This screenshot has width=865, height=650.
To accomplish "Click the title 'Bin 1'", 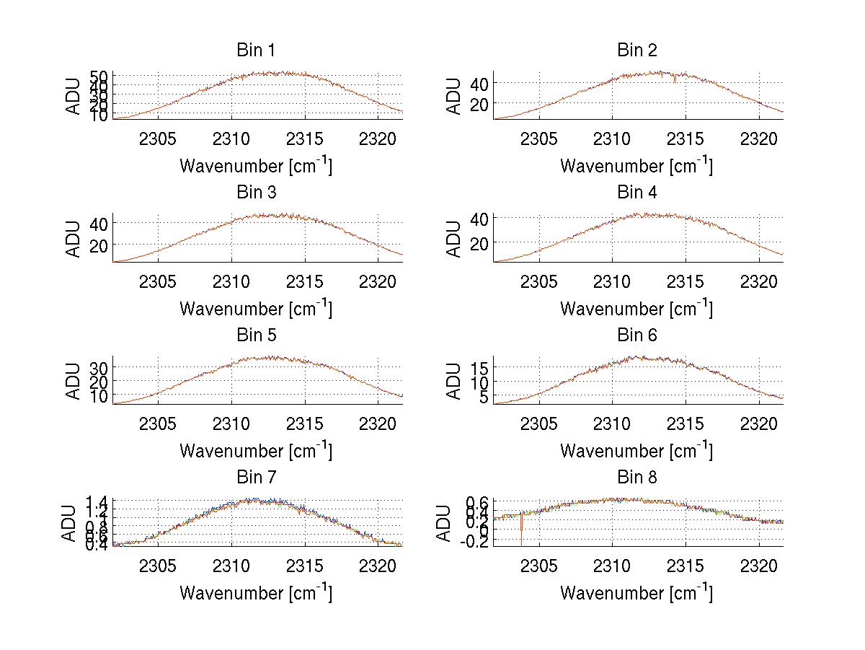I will tap(255, 50).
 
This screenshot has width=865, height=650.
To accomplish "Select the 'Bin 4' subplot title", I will tap(637, 193).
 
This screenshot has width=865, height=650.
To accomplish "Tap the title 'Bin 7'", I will tap(255, 477).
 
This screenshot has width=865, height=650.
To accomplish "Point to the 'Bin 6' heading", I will tap(637, 335).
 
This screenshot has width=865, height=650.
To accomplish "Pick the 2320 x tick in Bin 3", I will tap(379, 281).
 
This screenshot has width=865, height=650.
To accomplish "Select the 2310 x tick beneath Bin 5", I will tap(231, 423).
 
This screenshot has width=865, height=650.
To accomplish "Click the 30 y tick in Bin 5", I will tap(99, 368).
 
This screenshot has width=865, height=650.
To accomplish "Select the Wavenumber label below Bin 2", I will tap(636, 166).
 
